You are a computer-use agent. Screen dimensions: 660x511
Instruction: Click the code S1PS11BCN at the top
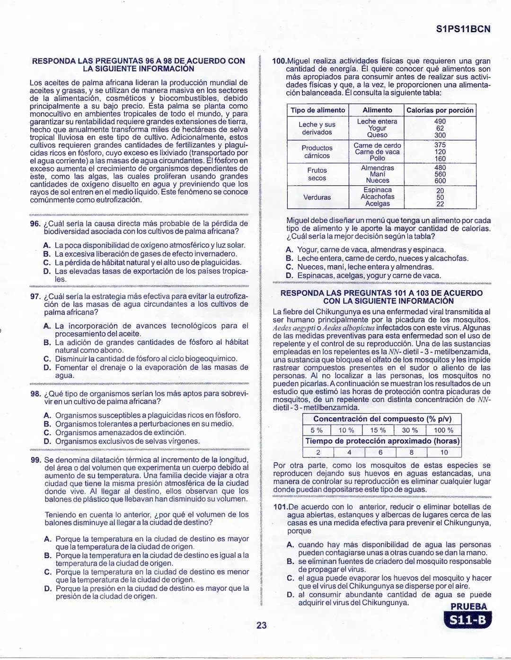pos(462,29)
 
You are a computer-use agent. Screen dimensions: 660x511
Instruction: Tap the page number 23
pos(261,625)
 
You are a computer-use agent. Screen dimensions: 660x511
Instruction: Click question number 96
pos(35,223)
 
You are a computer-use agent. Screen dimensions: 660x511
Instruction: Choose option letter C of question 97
pos(47,359)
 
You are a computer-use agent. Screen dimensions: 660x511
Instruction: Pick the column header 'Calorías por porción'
pos(440,110)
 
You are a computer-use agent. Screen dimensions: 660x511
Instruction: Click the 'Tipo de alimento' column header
pos(317,110)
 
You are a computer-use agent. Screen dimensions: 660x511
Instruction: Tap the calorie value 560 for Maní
pos(440,174)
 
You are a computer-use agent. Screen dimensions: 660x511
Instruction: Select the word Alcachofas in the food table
pos(377,197)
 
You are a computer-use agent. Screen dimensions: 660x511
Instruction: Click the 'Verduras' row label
pos(317,197)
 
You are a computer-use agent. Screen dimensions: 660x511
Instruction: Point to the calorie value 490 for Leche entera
pos(440,122)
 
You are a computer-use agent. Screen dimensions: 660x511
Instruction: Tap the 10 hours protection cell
pos(443,452)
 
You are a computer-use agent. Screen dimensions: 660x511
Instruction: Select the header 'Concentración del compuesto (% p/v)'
pos(382,419)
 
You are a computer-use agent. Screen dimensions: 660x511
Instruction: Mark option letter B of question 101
pos(291,562)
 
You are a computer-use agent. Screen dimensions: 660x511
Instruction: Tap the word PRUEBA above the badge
pos(468,607)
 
